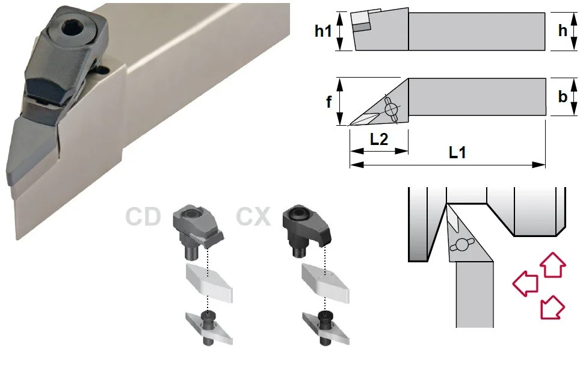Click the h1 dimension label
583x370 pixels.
323,31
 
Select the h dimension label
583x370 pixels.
563,31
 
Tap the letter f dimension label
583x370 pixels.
329,102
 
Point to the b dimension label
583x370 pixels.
563,96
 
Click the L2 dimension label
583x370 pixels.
379,139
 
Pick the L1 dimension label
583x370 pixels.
457,152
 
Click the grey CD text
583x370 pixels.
143,217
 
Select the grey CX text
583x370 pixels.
253,217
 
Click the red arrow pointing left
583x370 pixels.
525,283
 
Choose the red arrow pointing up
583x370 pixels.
553,264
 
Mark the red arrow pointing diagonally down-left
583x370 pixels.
552,307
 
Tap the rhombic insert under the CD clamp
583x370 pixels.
209,283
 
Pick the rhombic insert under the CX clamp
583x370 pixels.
325,283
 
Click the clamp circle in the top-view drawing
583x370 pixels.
390,109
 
